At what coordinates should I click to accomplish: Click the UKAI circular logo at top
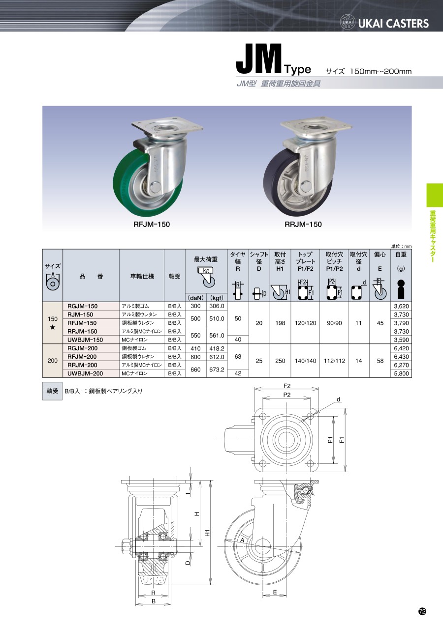[348, 23]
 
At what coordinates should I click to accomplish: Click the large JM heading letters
[259, 59]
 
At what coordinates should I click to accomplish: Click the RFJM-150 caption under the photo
[152, 225]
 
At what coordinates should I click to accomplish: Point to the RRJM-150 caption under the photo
[303, 225]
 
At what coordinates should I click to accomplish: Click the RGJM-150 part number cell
[83, 306]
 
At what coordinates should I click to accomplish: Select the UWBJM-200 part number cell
[85, 373]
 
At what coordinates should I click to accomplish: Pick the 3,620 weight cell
[401, 306]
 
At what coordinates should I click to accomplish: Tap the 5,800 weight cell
[401, 373]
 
